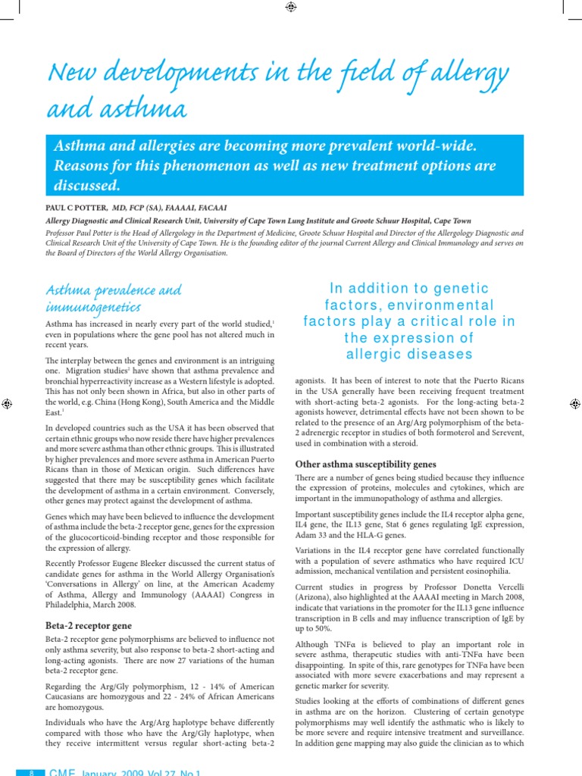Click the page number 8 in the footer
click(x=31, y=771)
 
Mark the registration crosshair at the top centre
click(x=291, y=7)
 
